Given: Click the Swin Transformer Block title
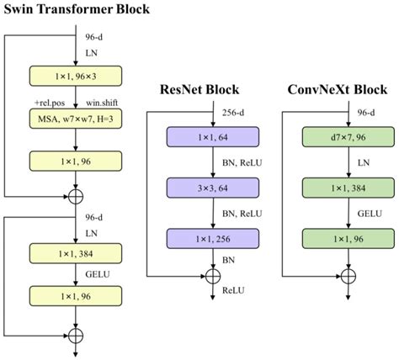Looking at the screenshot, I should click(x=77, y=11).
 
